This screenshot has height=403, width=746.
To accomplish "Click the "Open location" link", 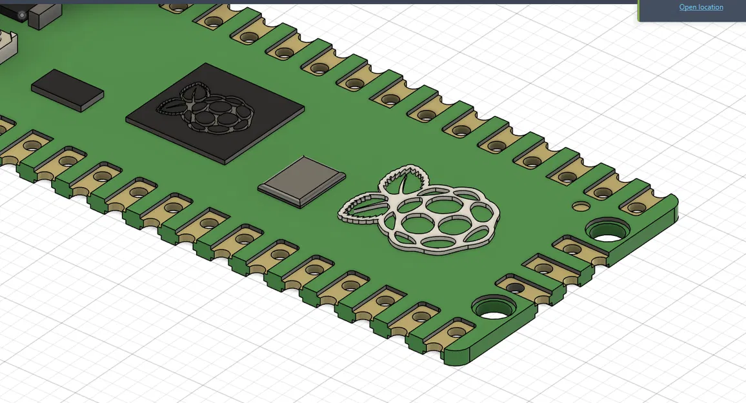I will [x=701, y=7].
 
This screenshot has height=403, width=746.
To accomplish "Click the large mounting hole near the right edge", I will [x=608, y=230].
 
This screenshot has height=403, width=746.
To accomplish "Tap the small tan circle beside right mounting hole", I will [x=581, y=206].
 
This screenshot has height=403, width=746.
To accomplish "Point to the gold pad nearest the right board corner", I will [x=635, y=207].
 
